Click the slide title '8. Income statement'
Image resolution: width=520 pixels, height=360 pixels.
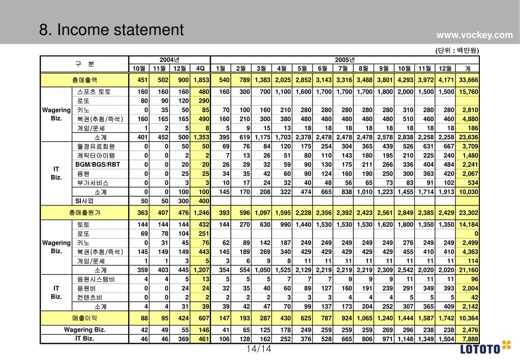111,30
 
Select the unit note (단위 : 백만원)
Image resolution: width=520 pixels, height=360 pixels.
457,50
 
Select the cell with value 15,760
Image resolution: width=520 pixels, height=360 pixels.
468,92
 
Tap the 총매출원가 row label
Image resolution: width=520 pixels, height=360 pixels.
84,213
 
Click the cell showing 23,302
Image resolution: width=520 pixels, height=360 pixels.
468,213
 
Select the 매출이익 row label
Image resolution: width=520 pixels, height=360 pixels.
84,318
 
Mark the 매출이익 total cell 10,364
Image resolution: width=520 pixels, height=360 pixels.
468,318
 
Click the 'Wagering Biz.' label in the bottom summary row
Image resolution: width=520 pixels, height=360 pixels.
84,330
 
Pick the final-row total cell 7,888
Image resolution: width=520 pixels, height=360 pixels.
468,339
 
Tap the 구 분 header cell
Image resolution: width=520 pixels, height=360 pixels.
84,64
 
